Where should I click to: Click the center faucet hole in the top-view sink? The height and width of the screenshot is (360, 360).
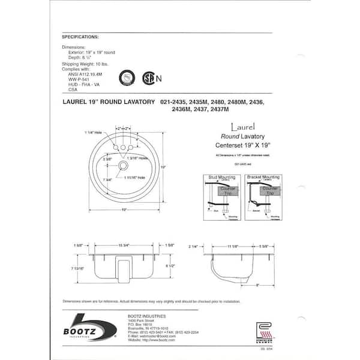click(x=123, y=148)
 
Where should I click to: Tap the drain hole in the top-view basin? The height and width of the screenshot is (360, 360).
click(x=124, y=165)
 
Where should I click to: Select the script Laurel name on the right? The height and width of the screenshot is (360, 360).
click(x=243, y=127)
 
